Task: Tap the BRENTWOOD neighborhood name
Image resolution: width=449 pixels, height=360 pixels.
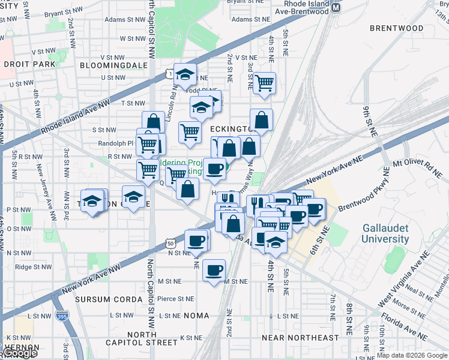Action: point(397,28)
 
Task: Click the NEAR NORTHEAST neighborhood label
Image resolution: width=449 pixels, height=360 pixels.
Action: point(304,338)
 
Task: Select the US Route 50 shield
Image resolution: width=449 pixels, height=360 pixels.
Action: point(171,243)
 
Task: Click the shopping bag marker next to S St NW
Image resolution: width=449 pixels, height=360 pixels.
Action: point(154,122)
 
